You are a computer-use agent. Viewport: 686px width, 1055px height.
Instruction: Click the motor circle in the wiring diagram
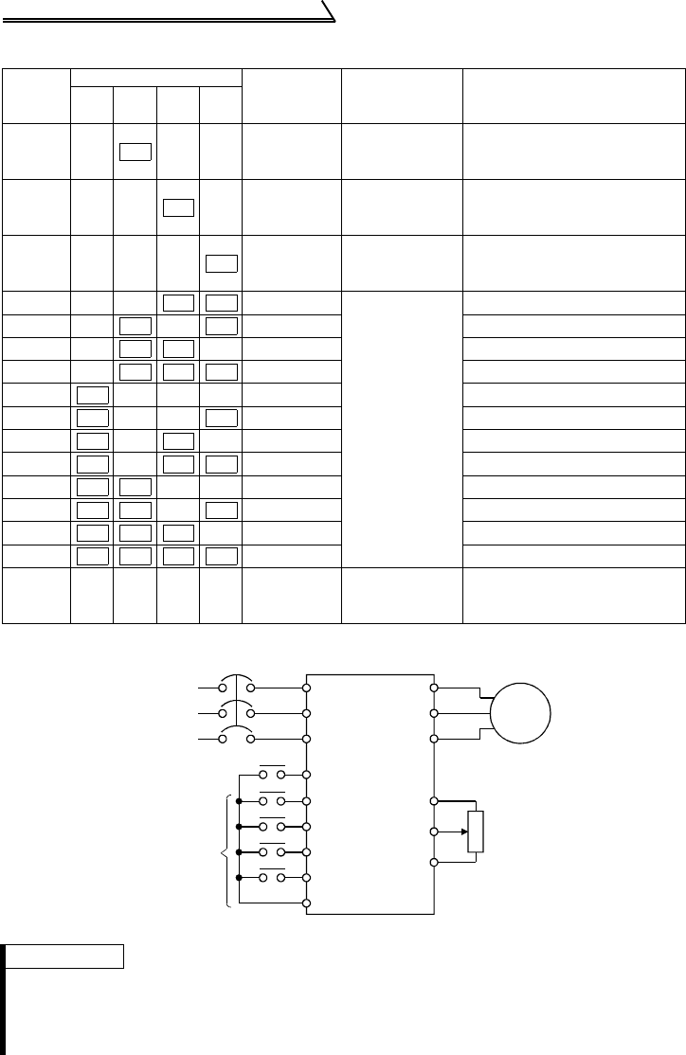[x=520, y=711]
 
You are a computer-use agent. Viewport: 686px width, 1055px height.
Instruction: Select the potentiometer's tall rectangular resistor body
[x=476, y=831]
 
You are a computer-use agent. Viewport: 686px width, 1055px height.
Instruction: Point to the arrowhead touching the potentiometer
[x=463, y=831]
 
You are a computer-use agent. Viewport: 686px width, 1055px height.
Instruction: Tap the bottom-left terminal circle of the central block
[x=306, y=903]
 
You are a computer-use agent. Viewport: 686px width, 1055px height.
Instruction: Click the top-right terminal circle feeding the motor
[x=434, y=688]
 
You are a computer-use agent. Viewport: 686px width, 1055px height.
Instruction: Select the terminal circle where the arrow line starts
[x=434, y=831]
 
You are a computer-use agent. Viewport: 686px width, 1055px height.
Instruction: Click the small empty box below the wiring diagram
[x=67, y=956]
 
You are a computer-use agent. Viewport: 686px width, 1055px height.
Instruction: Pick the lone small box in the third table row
[x=220, y=264]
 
